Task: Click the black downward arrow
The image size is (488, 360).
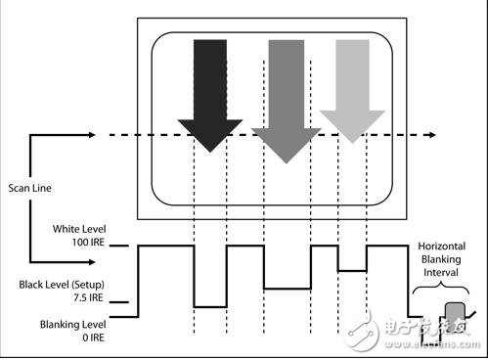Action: pyautogui.click(x=210, y=95)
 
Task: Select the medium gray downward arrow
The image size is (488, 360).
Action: pyautogui.click(x=287, y=101)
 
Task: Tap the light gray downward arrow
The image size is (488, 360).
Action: pyautogui.click(x=352, y=91)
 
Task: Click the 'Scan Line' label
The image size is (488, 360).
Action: pyautogui.click(x=29, y=188)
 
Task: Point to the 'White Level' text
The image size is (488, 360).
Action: pyautogui.click(x=79, y=229)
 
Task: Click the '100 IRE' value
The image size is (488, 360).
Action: pyautogui.click(x=88, y=243)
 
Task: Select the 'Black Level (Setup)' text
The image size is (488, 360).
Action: pyautogui.click(x=62, y=285)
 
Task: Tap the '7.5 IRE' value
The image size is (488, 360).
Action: pyautogui.click(x=88, y=297)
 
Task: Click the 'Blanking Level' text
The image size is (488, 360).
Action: pyautogui.click(x=72, y=325)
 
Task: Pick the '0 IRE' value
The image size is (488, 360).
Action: pyautogui.click(x=93, y=337)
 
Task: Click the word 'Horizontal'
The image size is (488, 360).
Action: pyautogui.click(x=442, y=247)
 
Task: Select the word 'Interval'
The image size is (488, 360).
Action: pyautogui.click(x=441, y=272)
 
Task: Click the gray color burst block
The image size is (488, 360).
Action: pyautogui.click(x=455, y=314)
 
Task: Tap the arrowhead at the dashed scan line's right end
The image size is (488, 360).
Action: pyautogui.click(x=432, y=135)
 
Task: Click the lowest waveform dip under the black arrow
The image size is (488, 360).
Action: pyautogui.click(x=210, y=307)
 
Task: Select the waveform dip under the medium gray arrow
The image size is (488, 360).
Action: pyautogui.click(x=288, y=289)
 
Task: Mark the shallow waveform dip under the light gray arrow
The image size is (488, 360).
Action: pyautogui.click(x=352, y=271)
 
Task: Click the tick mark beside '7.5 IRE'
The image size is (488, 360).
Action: pyautogui.click(x=119, y=302)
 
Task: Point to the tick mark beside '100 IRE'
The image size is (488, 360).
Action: pyautogui.click(x=119, y=246)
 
